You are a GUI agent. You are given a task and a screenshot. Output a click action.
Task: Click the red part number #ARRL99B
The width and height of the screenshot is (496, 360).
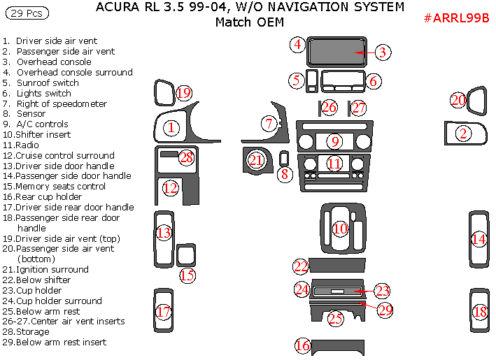456,18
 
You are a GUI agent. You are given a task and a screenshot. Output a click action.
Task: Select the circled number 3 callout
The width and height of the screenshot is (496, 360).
382,52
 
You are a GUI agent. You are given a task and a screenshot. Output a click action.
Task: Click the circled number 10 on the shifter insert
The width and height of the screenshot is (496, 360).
340,229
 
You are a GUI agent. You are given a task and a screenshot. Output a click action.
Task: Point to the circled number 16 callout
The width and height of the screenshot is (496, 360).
302,345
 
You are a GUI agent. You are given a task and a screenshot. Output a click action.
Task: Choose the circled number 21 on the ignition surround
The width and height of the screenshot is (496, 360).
257,160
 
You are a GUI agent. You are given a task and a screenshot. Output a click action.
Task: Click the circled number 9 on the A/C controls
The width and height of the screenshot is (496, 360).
335,142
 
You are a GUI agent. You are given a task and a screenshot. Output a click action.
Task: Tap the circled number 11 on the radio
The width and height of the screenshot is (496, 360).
335,164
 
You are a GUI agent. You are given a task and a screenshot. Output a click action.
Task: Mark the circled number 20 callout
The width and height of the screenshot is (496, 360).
458,101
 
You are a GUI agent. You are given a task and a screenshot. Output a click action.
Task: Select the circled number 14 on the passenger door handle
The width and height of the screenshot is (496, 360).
479,239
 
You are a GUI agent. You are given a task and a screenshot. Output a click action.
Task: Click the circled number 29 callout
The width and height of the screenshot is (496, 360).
385,310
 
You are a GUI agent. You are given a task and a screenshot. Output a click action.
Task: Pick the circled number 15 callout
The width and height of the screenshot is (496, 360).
187,275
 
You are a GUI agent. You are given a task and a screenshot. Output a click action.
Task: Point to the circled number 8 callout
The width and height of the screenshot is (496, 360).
284,175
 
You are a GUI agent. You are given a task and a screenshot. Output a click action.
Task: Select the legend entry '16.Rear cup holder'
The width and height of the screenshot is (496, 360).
42,196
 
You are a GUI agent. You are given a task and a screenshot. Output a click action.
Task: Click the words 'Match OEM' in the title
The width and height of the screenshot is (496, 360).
249,22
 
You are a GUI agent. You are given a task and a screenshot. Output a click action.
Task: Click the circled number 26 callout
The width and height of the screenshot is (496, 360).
329,108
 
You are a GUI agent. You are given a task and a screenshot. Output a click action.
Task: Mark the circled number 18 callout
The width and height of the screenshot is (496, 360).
479,312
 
